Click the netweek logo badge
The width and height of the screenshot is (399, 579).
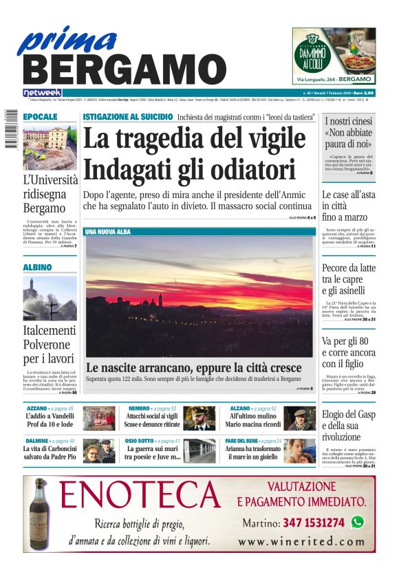pyautogui.click(x=42, y=92)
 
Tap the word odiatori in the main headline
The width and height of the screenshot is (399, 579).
pyautogui.click(x=238, y=169)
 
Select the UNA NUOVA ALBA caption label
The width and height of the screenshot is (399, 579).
pyautogui.click(x=107, y=232)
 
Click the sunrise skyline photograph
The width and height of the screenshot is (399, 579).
pyautogui.click(x=199, y=296)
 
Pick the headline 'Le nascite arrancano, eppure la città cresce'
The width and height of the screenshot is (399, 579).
pyautogui.click(x=193, y=367)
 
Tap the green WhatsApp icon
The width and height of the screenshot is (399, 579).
pyautogui.click(x=357, y=523)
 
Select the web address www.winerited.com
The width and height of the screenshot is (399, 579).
pyautogui.click(x=301, y=542)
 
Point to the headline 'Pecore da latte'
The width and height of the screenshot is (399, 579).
pyautogui.click(x=349, y=268)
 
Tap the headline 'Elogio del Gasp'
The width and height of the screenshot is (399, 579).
pyautogui.click(x=349, y=415)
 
